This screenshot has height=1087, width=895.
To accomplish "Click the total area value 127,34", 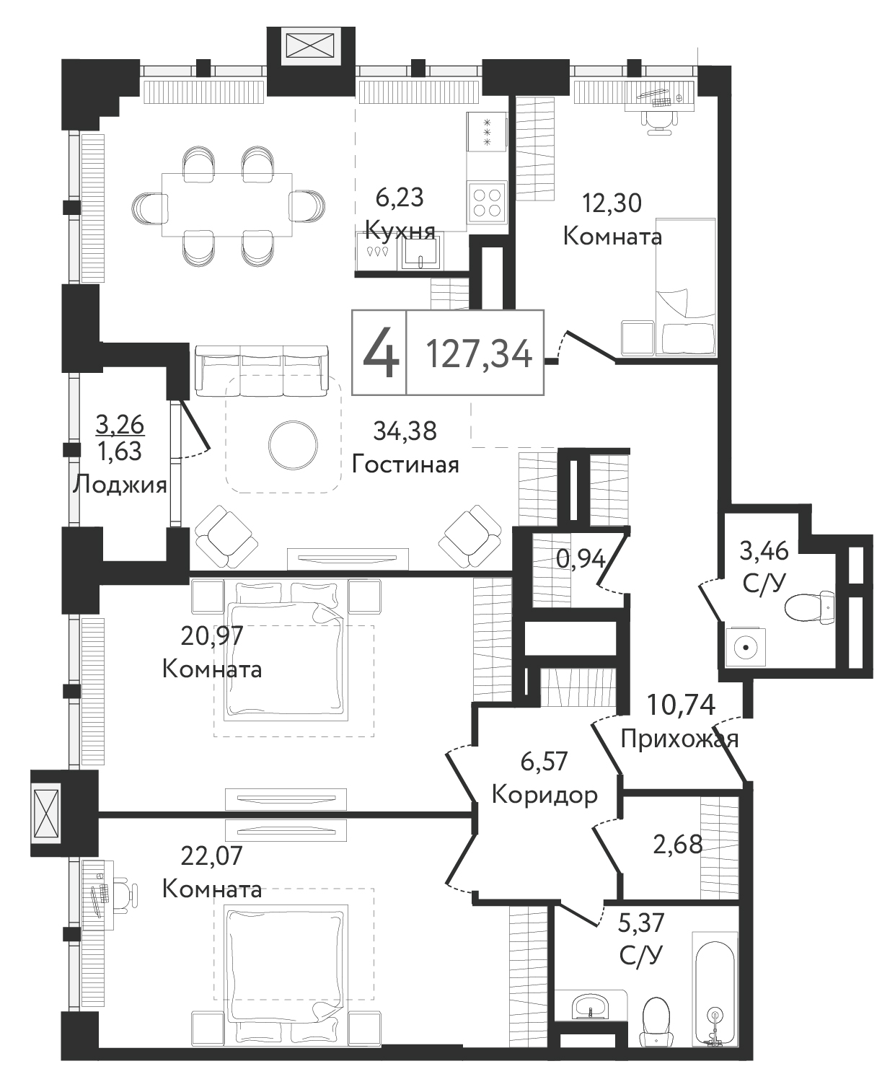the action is [478, 353].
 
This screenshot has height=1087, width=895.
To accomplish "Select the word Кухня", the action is [400, 229].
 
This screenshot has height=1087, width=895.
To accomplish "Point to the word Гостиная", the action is [405, 464].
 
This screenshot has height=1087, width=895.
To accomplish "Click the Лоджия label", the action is [120, 485].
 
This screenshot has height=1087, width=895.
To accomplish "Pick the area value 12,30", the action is [612, 203].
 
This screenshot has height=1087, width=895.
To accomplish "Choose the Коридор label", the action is [544, 795].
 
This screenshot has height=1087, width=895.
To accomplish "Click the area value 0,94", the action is [581, 559].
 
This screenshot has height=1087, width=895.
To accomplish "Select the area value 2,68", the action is [677, 845].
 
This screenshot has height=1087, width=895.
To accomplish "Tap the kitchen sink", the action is [420, 252].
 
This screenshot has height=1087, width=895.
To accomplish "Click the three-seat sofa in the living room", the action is [262, 370].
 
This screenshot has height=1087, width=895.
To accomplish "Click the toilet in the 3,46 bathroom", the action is [810, 607].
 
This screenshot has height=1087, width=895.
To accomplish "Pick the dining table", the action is [227, 205].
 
